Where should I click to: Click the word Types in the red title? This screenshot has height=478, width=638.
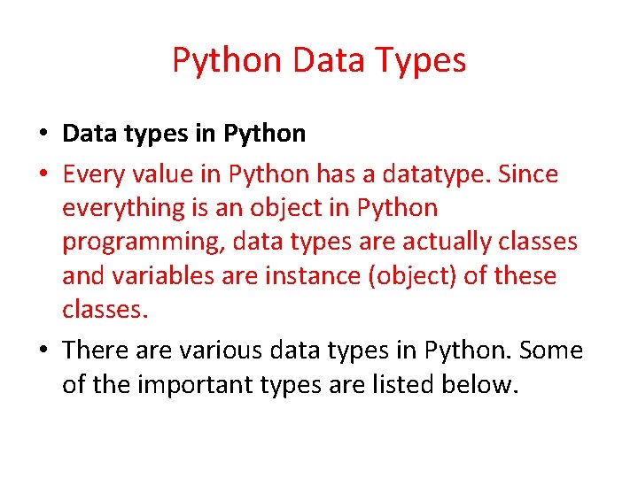coord(421,61)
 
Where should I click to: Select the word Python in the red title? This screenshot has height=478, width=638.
coord(227,61)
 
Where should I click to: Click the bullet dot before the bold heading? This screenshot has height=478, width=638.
coord(43,135)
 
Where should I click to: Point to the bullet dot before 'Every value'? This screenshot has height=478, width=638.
coord(43,175)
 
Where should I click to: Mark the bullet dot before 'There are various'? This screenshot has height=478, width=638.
coord(43,351)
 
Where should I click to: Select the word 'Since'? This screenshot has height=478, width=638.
coord(528,175)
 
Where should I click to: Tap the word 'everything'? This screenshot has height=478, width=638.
coord(121,209)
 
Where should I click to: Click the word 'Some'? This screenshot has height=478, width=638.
coord(551,351)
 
